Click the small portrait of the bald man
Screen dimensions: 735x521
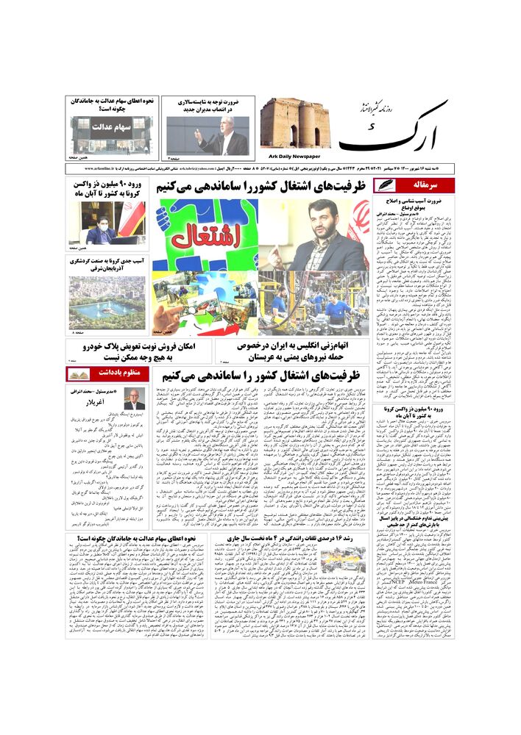coord(133,399)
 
